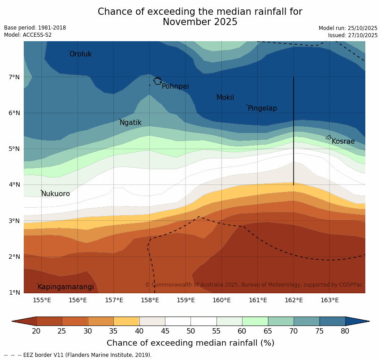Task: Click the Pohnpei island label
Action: (175, 86)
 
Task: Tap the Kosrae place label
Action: (343, 141)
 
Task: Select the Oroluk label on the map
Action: (81, 54)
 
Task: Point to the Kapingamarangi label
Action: (66, 287)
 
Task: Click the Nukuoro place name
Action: (56, 194)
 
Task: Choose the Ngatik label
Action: (130, 123)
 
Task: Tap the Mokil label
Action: (225, 98)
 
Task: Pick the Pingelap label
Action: (262, 108)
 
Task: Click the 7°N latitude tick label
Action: (14, 77)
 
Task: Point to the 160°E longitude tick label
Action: (221, 300)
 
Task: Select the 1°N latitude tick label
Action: (14, 293)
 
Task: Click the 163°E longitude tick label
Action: (329, 300)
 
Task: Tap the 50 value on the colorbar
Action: (190, 331)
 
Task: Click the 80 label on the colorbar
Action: (345, 331)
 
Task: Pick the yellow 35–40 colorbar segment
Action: (126, 321)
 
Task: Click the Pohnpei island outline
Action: (157, 81)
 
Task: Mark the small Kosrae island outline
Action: (329, 137)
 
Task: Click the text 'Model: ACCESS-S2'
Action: (28, 35)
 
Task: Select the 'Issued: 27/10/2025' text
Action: (353, 35)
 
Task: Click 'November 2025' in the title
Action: (200, 22)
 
